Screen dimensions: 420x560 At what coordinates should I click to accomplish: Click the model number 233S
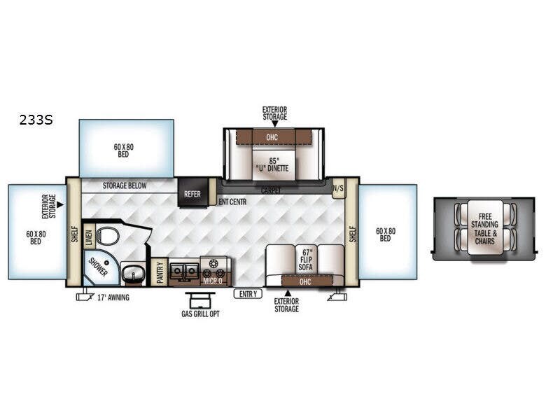[x=36, y=120]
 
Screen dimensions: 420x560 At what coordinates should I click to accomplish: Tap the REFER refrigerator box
[x=192, y=195]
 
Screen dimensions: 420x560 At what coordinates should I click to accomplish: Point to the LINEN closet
[x=89, y=238]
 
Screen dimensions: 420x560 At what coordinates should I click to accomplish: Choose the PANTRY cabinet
[x=160, y=273]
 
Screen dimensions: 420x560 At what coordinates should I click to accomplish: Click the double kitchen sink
[x=183, y=268]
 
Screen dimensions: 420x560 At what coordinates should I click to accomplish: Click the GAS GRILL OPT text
[x=200, y=314]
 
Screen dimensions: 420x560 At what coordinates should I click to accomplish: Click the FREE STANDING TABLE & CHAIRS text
[x=484, y=228]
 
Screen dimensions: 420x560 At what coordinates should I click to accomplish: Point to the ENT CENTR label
[x=232, y=202]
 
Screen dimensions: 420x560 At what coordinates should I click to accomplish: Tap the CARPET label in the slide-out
[x=272, y=190]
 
